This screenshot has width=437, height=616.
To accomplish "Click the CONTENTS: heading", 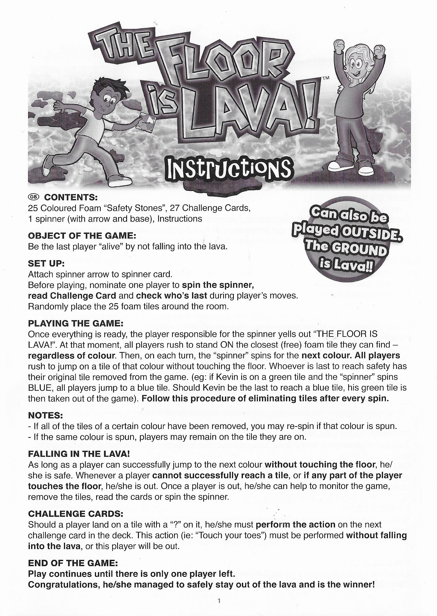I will coord(71,197).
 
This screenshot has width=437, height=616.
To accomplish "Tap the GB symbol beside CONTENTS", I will coord(34,197).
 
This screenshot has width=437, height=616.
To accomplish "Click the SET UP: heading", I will coord(46,263).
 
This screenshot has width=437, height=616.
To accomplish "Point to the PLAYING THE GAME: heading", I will coord(76,323).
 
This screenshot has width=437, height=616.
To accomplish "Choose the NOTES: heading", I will coord(45,415).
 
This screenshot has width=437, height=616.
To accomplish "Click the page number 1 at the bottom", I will coord(219,601).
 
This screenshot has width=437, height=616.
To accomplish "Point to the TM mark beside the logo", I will coord(326,78).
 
